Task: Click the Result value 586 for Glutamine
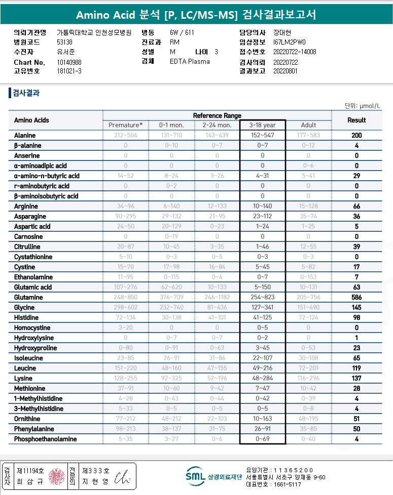(356, 298)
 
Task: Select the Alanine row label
(25, 136)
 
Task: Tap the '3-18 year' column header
(263, 125)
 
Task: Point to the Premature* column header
(125, 125)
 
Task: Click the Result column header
(356, 120)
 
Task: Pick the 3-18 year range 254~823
(263, 298)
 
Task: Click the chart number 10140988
(69, 62)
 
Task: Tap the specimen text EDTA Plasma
(190, 62)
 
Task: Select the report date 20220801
(284, 71)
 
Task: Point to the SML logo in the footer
(196, 476)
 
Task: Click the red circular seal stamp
(57, 476)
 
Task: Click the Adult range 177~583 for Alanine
(308, 136)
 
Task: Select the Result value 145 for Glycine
(356, 308)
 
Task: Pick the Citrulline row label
(27, 247)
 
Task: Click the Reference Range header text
(217, 116)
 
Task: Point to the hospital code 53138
(65, 43)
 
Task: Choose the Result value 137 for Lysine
(356, 379)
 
